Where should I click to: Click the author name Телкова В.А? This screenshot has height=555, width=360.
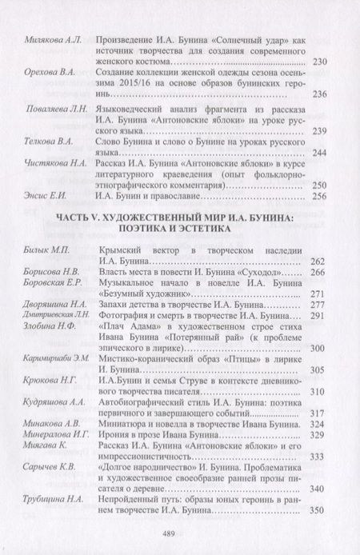[42, 140]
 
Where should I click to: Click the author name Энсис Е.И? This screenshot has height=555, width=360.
[40, 195]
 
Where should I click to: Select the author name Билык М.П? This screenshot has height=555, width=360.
[39, 251]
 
